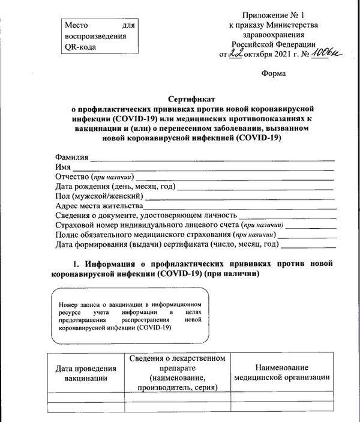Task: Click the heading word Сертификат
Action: pyautogui.click(x=193, y=98)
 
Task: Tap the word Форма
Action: pyautogui.click(x=274, y=74)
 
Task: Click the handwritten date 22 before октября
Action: pyautogui.click(x=236, y=54)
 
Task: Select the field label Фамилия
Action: pyautogui.click(x=71, y=157)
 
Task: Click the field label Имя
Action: pyautogui.click(x=62, y=167)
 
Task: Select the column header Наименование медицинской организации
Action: pyautogui.click(x=281, y=372)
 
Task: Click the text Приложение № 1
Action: pyautogui.click(x=274, y=14)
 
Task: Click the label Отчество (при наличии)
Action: pyautogui.click(x=94, y=176)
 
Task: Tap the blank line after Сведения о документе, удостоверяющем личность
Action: pyautogui.click(x=287, y=217)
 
